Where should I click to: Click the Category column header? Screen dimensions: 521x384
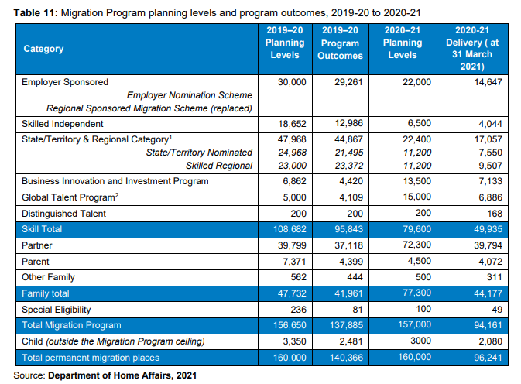click(43, 49)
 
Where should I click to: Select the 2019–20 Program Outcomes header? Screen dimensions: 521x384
click(340, 43)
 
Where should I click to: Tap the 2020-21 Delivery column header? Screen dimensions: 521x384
click(472, 48)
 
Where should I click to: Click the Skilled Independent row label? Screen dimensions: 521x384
click(63, 124)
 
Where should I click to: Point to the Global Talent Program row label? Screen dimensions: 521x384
click(70, 197)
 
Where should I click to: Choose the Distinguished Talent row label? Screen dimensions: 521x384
click(63, 214)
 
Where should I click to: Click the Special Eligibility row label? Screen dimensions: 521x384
click(57, 310)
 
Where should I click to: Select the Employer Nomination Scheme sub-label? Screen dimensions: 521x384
click(190, 95)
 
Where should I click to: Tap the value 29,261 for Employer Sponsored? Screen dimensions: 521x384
click(348, 82)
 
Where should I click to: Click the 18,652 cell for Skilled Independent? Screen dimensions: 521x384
click(292, 124)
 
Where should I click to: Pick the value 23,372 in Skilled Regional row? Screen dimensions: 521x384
click(349, 166)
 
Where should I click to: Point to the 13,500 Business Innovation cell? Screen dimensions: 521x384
click(416, 181)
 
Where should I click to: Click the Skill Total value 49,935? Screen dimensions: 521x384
click(488, 229)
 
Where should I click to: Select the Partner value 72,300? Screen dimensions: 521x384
click(416, 245)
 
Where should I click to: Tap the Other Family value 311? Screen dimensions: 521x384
click(495, 277)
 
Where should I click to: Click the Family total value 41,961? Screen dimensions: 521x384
click(349, 293)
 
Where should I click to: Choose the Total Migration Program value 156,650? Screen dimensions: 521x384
click(290, 325)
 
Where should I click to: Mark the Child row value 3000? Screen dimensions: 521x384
click(420, 341)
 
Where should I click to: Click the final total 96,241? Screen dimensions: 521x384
click(488, 358)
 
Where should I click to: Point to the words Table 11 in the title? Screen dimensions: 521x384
click(36, 13)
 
